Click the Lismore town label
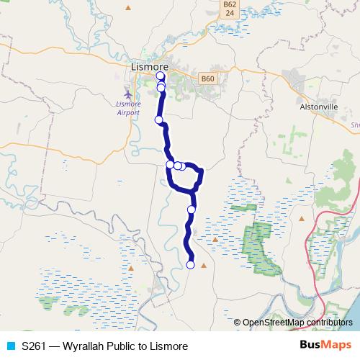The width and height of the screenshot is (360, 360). [x=150, y=67]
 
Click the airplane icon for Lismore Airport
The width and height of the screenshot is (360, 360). [x=128, y=94]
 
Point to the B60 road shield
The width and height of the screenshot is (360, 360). [x=208, y=78]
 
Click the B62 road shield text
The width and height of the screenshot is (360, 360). [x=228, y=4]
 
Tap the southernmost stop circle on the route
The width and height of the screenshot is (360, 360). [x=191, y=265]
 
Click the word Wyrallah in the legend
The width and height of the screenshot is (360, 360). [x=83, y=346]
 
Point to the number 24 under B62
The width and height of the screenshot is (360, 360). [x=228, y=13]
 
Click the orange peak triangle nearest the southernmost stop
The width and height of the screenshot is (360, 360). [x=204, y=266]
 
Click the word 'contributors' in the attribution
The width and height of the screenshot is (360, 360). [x=329, y=322]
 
